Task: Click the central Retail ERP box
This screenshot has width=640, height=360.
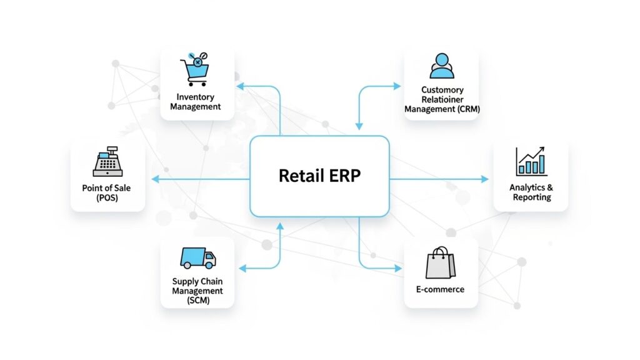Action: pos(319,176)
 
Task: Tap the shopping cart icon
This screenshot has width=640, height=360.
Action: pos(194,67)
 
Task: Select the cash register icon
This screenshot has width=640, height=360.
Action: pos(107,162)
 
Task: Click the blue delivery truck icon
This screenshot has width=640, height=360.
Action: pos(197,257)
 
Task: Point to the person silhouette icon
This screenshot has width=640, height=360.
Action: pos(441,66)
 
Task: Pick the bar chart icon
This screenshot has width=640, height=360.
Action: pos(531,161)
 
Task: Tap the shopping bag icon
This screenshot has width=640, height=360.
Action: pos(440,262)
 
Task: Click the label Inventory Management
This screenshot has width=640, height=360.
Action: pos(196,102)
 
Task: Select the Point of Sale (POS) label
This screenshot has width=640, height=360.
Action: pos(106,192)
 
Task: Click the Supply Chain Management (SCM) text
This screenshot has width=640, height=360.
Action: pos(197,291)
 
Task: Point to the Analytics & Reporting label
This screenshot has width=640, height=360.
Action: pos(531,192)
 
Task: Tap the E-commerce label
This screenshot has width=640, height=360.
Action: pos(440,289)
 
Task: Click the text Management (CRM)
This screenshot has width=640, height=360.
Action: pos(442,109)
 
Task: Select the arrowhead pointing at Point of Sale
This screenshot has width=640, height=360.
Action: pos(155,179)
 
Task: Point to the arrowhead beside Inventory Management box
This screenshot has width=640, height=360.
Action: pos(240,86)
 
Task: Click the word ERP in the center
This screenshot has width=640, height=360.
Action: pos(343,176)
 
